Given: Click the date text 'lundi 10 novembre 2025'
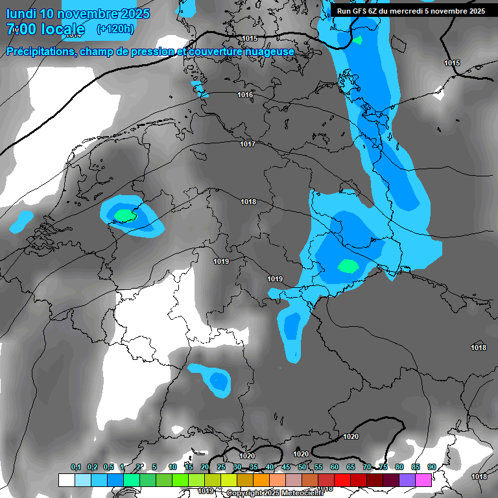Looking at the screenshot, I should [x=78, y=14].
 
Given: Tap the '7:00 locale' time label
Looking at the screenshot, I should [x=45, y=29].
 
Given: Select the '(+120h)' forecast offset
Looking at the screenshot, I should [x=115, y=29].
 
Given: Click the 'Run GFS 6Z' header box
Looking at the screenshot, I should [x=411, y=10].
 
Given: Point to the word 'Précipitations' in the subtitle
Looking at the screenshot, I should [x=40, y=51].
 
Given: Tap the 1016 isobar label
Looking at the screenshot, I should [x=245, y=95].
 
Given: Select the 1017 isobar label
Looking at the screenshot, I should [x=248, y=144].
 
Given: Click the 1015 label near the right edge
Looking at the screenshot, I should [x=452, y=63].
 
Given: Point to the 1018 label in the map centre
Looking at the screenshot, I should [x=248, y=202].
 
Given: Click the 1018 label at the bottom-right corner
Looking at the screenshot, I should [x=479, y=477].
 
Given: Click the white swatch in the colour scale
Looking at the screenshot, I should [x=66, y=480].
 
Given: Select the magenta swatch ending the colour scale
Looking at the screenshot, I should [x=423, y=480].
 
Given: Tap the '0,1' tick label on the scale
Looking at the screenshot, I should [x=76, y=468].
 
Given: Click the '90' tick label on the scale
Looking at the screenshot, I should [x=431, y=468].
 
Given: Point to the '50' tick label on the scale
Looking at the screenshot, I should [x=302, y=468].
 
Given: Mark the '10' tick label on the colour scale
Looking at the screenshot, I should [x=172, y=468].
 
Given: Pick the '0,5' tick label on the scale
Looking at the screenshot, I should [x=108, y=468].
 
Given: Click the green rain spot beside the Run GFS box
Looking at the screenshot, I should [x=357, y=40].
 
